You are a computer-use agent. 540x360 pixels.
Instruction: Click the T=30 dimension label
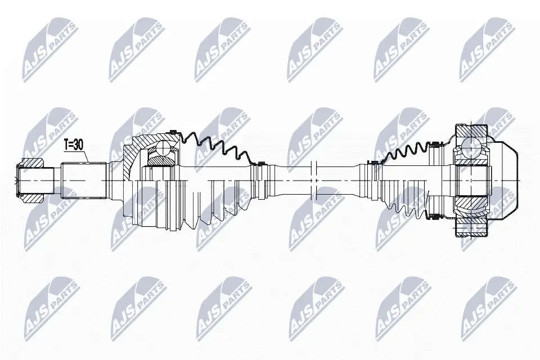point(73,145)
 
